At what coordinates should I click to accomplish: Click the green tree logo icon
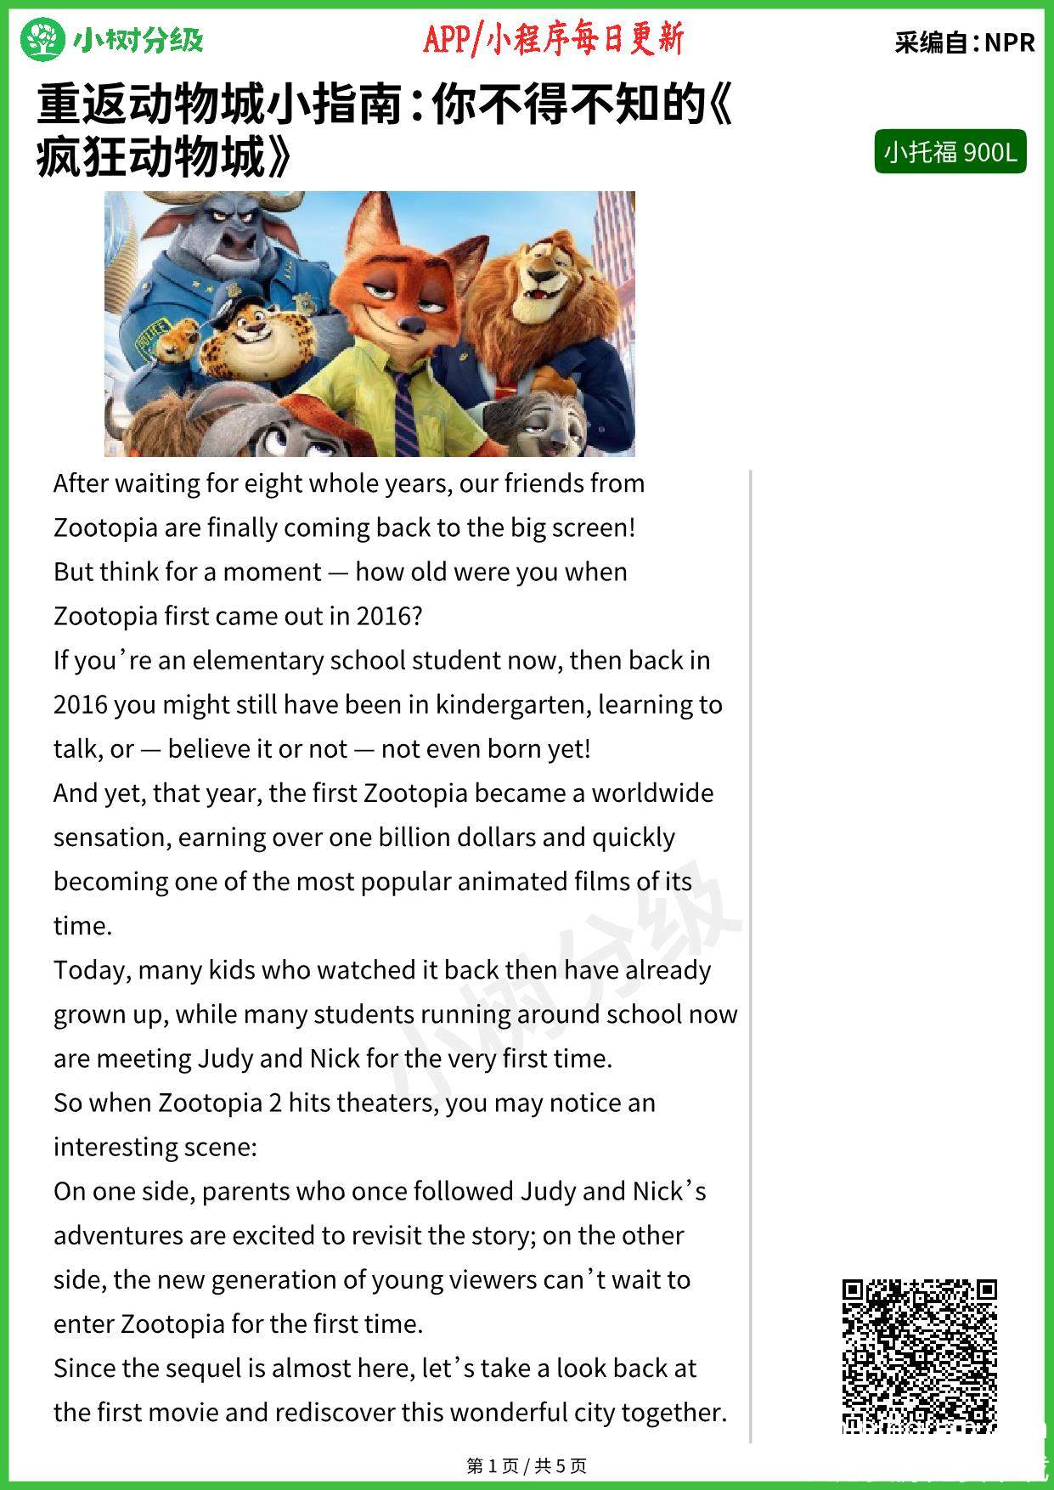click(42, 40)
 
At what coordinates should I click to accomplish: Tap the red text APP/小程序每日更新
click(553, 39)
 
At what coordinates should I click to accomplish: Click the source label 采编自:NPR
click(964, 42)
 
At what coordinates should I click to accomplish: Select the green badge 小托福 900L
click(950, 152)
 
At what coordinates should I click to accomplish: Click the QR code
click(919, 1356)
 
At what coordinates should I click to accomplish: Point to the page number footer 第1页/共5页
click(527, 1465)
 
